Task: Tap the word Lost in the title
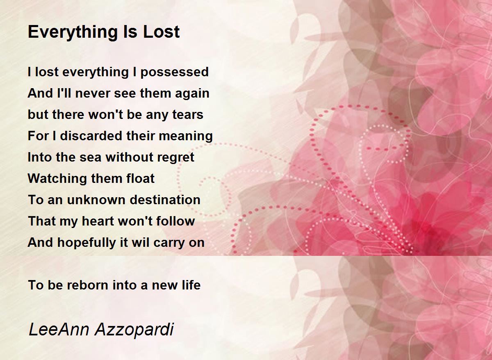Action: coord(162,32)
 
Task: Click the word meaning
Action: coord(186,136)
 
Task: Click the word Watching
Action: coord(57,179)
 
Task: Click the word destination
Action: coord(165,200)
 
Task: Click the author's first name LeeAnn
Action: coord(59,330)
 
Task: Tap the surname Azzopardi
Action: coord(134,330)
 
